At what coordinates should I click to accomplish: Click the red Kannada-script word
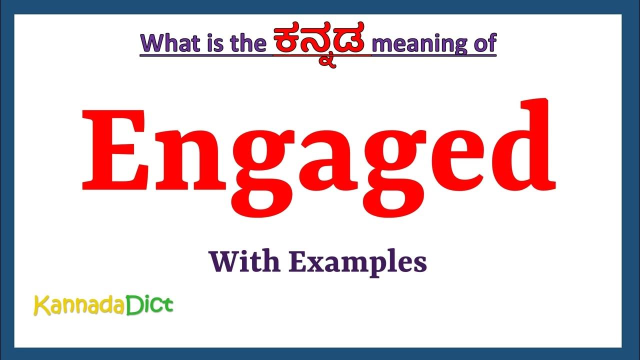321,42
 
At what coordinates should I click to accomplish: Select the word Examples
358,262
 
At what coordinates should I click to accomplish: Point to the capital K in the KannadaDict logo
40,305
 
